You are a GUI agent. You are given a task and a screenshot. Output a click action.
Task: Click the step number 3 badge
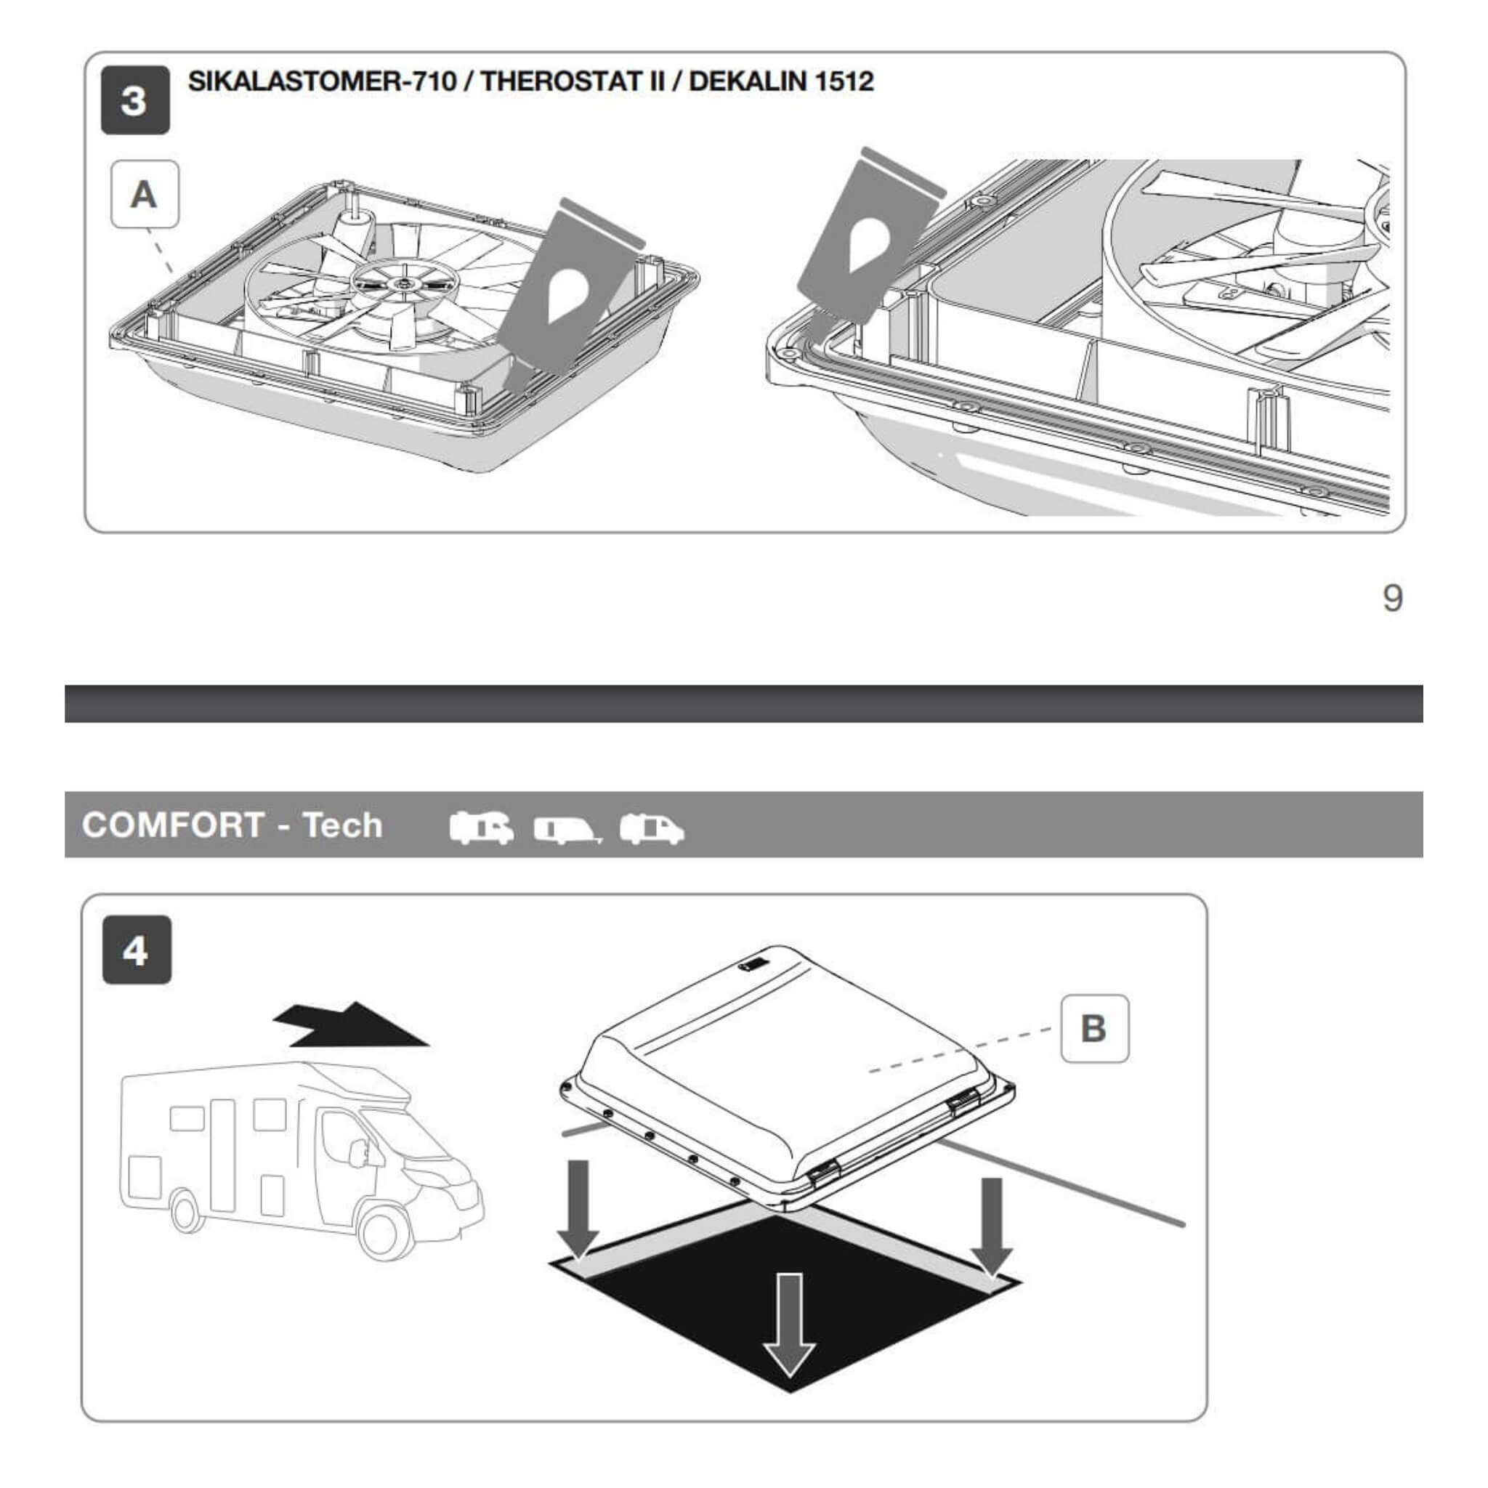tap(135, 100)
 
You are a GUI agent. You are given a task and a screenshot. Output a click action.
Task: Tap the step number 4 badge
tap(137, 950)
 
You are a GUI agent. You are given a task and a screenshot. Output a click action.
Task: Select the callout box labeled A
tap(145, 194)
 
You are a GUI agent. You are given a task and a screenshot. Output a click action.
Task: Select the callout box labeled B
tap(1094, 1029)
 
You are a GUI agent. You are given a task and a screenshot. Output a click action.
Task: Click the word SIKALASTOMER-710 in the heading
tap(323, 81)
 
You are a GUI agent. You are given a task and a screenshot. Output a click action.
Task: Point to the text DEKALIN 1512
tap(781, 81)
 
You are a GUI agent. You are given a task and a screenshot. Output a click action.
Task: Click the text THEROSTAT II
tap(573, 81)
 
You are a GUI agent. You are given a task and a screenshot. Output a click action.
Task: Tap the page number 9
tap(1393, 598)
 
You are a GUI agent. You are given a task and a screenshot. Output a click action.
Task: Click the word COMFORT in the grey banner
tap(174, 825)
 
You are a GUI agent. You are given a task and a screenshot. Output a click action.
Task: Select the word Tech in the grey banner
tap(342, 825)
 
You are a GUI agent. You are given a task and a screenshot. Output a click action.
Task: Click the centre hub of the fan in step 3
tap(403, 283)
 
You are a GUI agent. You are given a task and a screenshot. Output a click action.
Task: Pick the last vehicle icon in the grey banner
tap(652, 829)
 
